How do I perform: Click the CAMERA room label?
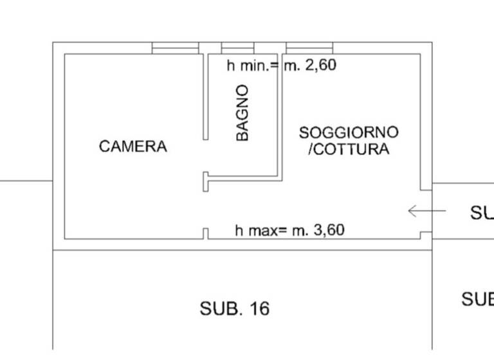(133, 147)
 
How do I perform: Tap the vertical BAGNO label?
(242, 113)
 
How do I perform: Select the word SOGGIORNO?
(349, 133)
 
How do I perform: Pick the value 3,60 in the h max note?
(328, 230)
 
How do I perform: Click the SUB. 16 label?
(234, 309)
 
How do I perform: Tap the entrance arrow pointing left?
(427, 210)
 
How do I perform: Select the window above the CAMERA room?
(175, 48)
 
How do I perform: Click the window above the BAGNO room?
(238, 48)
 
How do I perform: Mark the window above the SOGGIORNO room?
(309, 48)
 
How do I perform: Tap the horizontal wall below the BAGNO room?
(243, 175)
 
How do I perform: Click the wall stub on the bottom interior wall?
(205, 233)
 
